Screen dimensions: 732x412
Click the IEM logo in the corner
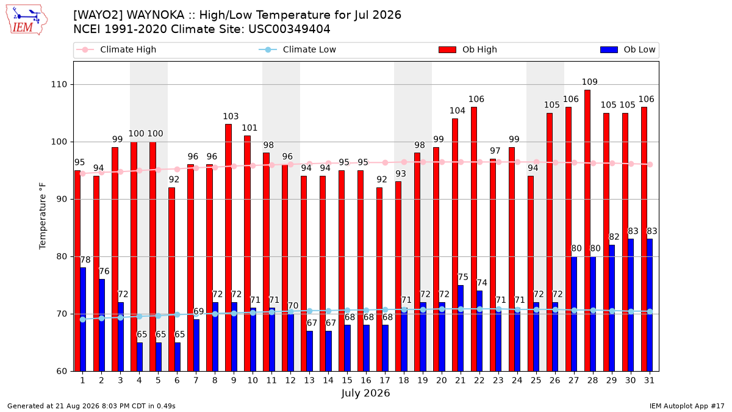tap(27, 20)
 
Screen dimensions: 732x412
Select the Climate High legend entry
tap(116, 49)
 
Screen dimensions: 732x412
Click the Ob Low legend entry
tap(628, 49)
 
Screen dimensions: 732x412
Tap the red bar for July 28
tap(587, 231)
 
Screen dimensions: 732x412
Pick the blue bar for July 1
tap(83, 319)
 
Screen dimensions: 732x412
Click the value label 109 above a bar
tap(590, 82)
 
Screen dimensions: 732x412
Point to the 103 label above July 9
tap(231, 117)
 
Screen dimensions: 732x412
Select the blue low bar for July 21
tap(461, 328)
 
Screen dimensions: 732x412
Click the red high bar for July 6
tap(171, 280)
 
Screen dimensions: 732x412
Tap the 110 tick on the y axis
tap(59, 85)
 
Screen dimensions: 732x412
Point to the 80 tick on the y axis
tap(62, 257)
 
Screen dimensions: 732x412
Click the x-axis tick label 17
tap(385, 381)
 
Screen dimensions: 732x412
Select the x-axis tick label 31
tap(649, 381)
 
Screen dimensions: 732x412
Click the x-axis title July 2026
tap(365, 393)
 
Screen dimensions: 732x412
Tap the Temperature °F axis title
tap(43, 216)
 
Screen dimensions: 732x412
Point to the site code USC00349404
tap(289, 29)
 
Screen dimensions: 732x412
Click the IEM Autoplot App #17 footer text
tap(687, 406)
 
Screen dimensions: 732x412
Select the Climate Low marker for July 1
tap(83, 319)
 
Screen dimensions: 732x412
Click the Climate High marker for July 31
tap(650, 164)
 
